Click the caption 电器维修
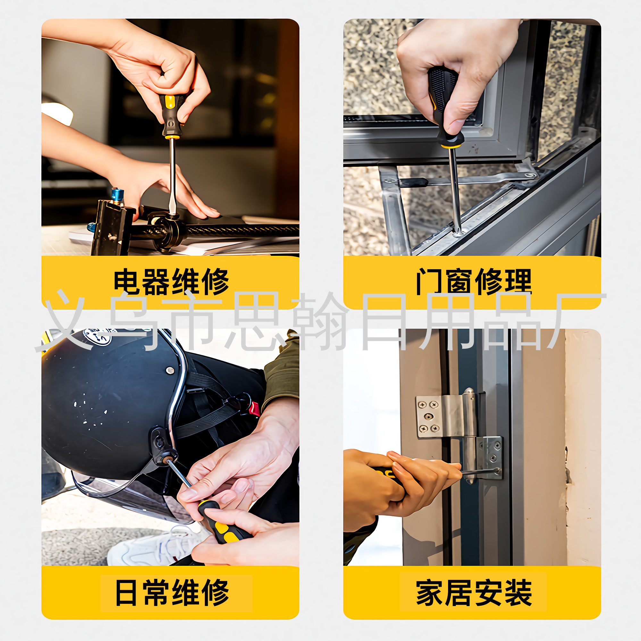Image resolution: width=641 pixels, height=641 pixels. [171, 282]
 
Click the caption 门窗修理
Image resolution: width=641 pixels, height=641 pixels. [474, 282]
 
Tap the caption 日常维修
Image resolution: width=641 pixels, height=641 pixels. [172, 593]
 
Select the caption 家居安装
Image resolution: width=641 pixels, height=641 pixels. [474, 593]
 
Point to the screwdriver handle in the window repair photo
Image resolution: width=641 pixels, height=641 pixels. [445, 106]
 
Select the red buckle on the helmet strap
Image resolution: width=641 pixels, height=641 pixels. [254, 409]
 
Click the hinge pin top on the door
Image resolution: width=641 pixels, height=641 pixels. [469, 392]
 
